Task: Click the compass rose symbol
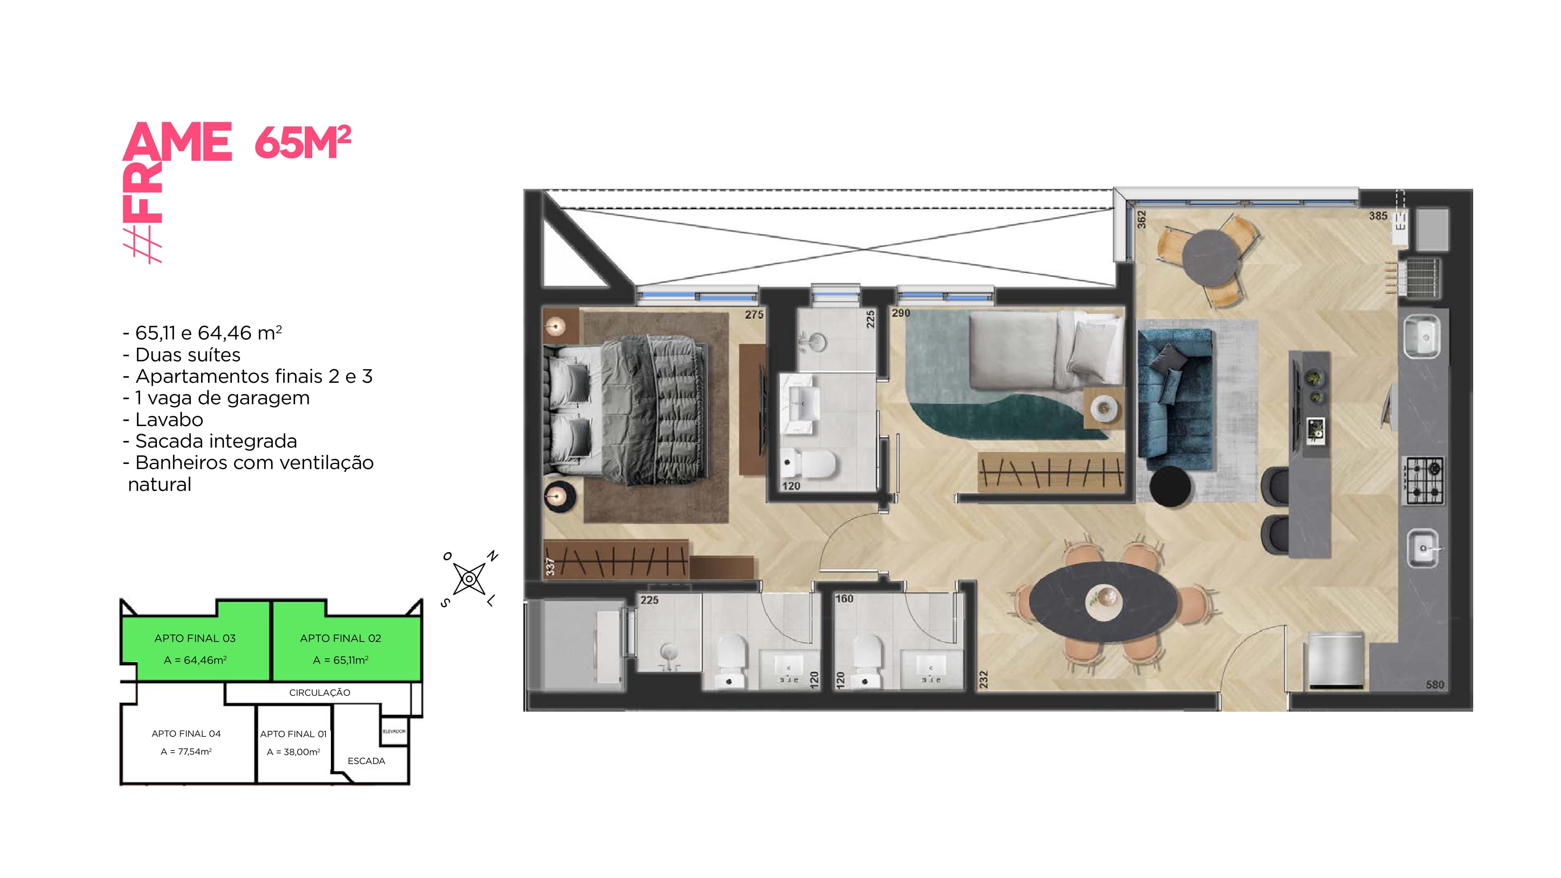[469, 579]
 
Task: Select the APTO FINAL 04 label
[186, 733]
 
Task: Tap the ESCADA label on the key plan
[366, 761]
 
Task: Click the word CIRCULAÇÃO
[319, 693]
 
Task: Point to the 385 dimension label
[1378, 216]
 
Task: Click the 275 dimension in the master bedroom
[754, 315]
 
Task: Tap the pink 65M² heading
[302, 142]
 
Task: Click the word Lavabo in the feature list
[169, 419]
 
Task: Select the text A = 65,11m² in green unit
[341, 660]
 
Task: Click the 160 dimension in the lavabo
[844, 599]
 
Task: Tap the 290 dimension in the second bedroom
[900, 313]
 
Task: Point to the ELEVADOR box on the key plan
[394, 731]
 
